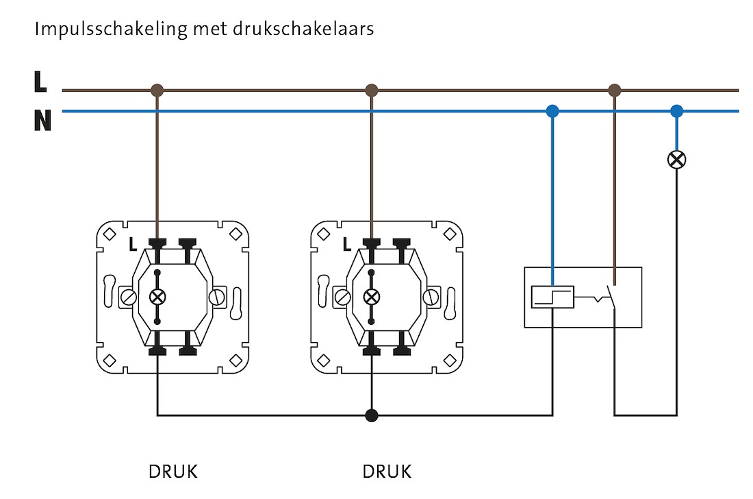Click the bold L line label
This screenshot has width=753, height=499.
coord(40,83)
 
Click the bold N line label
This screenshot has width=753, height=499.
coord(42,121)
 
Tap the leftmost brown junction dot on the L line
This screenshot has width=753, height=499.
coord(157,90)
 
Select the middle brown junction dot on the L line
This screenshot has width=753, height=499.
coord(372,90)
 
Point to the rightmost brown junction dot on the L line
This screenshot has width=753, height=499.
coord(615,90)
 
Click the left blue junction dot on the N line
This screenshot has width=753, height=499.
coord(552,110)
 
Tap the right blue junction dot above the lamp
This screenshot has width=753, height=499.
coord(676,110)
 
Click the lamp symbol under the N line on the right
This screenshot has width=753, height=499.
coord(676,160)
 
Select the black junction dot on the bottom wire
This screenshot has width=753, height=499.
coord(372,415)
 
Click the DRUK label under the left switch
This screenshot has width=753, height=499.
coord(173,472)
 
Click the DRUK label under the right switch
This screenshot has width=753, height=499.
coord(387,472)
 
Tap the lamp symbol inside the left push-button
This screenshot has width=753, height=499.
coord(157,297)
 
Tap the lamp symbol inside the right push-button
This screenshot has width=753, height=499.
coord(372,297)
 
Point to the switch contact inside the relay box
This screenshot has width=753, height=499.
coord(606,297)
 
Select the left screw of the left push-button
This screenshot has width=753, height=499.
coord(127,297)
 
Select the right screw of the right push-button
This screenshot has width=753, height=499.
coord(431,297)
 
